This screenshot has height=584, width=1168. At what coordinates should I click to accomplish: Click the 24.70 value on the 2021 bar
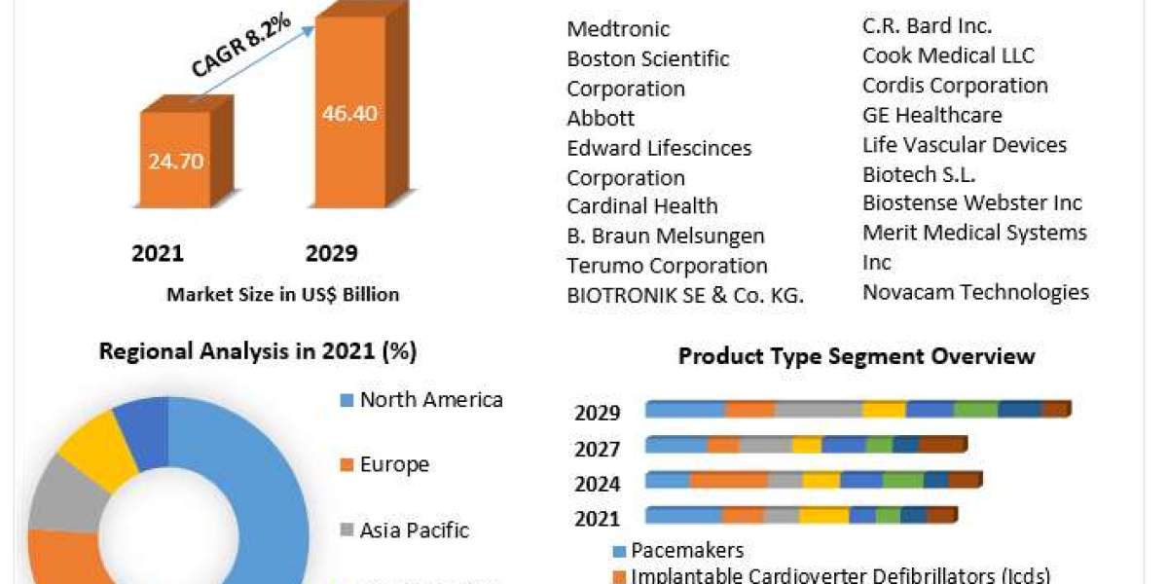click(x=176, y=162)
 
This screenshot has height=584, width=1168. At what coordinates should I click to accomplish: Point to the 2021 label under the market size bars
click(x=158, y=254)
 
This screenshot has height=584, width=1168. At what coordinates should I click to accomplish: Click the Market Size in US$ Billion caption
click(x=283, y=294)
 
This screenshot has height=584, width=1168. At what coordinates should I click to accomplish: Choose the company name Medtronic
click(x=618, y=29)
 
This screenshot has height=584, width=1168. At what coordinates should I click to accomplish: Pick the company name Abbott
click(x=601, y=118)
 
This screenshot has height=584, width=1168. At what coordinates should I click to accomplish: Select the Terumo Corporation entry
click(x=667, y=266)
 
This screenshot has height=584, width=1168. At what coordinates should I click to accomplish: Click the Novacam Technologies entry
click(x=975, y=292)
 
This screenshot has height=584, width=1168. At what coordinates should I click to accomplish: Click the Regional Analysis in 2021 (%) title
click(x=258, y=351)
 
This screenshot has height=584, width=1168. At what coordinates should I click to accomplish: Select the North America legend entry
click(x=431, y=399)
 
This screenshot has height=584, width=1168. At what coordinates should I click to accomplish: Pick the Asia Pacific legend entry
click(x=414, y=530)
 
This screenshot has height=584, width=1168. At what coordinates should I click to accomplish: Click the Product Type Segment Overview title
click(x=857, y=356)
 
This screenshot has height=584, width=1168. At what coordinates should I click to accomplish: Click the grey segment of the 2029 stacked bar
click(x=819, y=410)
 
